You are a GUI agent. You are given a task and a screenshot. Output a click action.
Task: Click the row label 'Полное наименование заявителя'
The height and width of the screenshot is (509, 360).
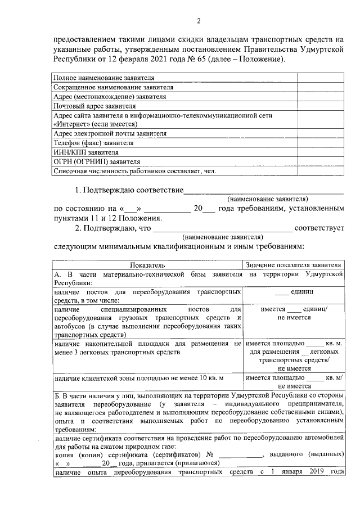pyautogui.click(x=103, y=78)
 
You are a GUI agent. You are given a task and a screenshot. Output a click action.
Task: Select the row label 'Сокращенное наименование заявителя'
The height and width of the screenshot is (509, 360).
pyautogui.click(x=112, y=88)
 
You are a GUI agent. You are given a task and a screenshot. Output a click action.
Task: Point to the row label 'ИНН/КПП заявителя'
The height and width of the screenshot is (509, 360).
pyautogui.click(x=85, y=152)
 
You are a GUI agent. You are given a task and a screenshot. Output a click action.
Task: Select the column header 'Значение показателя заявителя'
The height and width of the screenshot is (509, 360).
pyautogui.click(x=294, y=264)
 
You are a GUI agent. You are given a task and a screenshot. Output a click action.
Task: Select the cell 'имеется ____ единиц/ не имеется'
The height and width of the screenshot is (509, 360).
pyautogui.click(x=294, y=314)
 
